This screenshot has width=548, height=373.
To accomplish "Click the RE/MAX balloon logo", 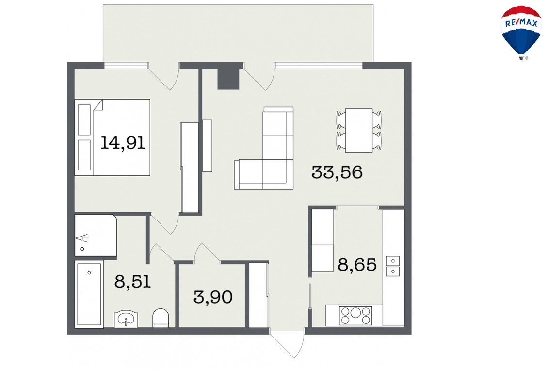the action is click(521, 32).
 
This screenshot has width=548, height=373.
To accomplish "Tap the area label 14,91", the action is click(123, 143).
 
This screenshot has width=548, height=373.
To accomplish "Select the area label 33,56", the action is click(337, 172).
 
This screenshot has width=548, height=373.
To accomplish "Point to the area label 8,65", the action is click(357, 265).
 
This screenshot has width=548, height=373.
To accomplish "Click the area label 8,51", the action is click(132, 281).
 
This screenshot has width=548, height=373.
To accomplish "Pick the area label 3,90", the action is click(213, 297).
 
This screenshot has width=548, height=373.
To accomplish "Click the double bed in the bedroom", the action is click(113, 137).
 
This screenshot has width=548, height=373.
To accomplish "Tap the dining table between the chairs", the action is click(358, 130).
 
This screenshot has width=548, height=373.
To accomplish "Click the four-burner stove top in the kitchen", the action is click(355, 316).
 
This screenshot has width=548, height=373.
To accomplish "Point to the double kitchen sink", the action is click(392, 266).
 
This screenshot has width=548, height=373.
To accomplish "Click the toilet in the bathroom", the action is click(161, 318).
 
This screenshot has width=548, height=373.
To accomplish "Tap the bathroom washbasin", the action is click(126, 320).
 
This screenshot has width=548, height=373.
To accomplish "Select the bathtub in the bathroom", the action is click(89, 294).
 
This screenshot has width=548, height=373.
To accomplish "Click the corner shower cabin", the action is click(96, 235).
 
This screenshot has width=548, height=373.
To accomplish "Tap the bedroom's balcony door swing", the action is click(164, 76).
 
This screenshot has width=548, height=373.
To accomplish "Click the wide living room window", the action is click(319, 66).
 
